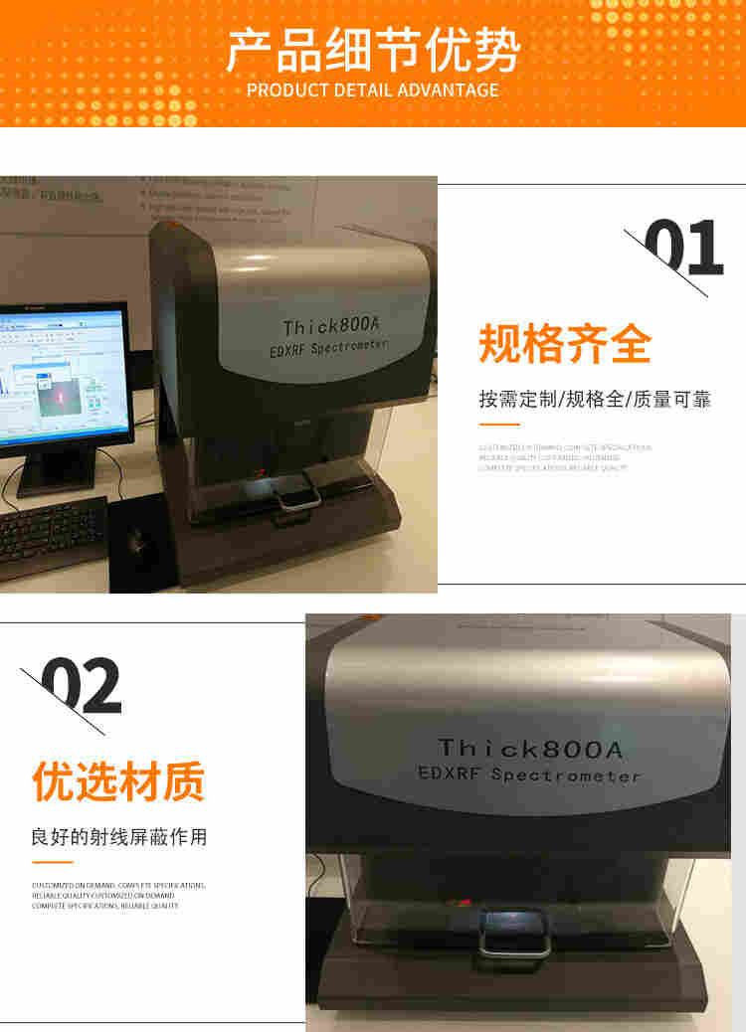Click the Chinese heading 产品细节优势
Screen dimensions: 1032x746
(373, 51)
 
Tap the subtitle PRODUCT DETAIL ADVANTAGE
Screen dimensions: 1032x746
(373, 90)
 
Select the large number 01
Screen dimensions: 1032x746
(683, 249)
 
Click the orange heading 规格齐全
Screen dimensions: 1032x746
(565, 344)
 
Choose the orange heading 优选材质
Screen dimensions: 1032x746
(118, 781)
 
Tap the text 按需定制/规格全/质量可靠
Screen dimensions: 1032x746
(595, 400)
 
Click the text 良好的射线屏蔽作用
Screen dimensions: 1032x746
(119, 837)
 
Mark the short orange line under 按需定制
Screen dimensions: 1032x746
(499, 425)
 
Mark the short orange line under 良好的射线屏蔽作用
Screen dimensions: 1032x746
(52, 862)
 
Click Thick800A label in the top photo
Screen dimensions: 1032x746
(329, 325)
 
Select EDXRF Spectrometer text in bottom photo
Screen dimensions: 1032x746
(529, 774)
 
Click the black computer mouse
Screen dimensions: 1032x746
(139, 543)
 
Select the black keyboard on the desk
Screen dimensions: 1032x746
(50, 536)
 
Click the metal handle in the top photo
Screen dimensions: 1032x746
(297, 494)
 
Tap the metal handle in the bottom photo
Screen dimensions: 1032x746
(513, 936)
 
